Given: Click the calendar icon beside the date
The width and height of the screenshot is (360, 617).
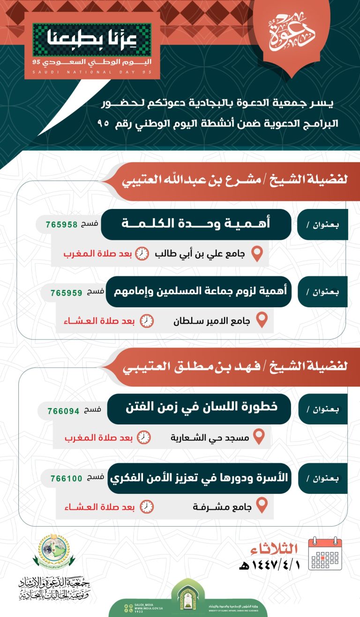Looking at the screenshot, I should pos(325,554).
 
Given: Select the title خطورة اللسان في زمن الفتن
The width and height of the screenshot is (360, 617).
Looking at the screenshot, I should pos(199,408).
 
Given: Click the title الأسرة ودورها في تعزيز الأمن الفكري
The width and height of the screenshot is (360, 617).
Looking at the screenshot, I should pos(199,478).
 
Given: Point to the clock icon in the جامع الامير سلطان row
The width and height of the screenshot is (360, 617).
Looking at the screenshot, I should pos(147,321).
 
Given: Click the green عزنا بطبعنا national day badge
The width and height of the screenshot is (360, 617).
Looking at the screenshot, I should pos(92,41).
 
